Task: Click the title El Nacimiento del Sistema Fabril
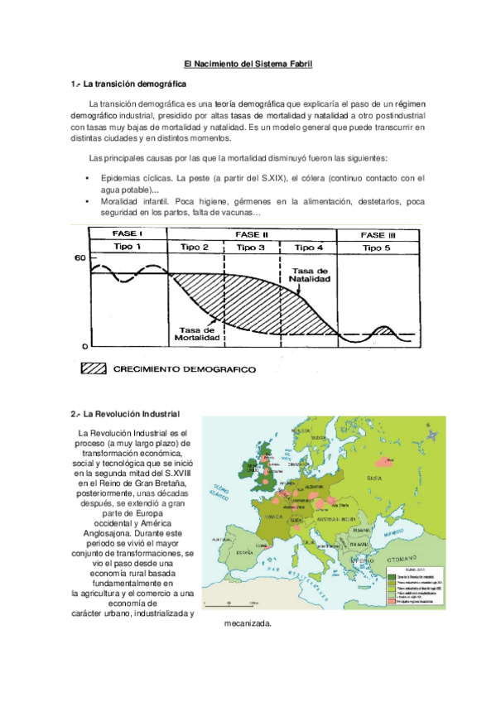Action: pyautogui.click(x=248, y=63)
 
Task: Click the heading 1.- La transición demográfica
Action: pyautogui.click(x=128, y=84)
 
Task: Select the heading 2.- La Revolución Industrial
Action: pyautogui.click(x=126, y=413)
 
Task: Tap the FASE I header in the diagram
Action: pyautogui.click(x=128, y=234)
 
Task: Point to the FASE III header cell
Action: pyautogui.click(x=378, y=234)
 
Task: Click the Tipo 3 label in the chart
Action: pyautogui.click(x=251, y=247)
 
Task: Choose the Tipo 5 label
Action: pyautogui.click(x=378, y=247)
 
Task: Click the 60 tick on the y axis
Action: pyautogui.click(x=79, y=259)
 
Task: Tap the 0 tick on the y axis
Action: pyautogui.click(x=83, y=345)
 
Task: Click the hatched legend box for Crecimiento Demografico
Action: pyautogui.click(x=97, y=369)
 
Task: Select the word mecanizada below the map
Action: pyautogui.click(x=248, y=623)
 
